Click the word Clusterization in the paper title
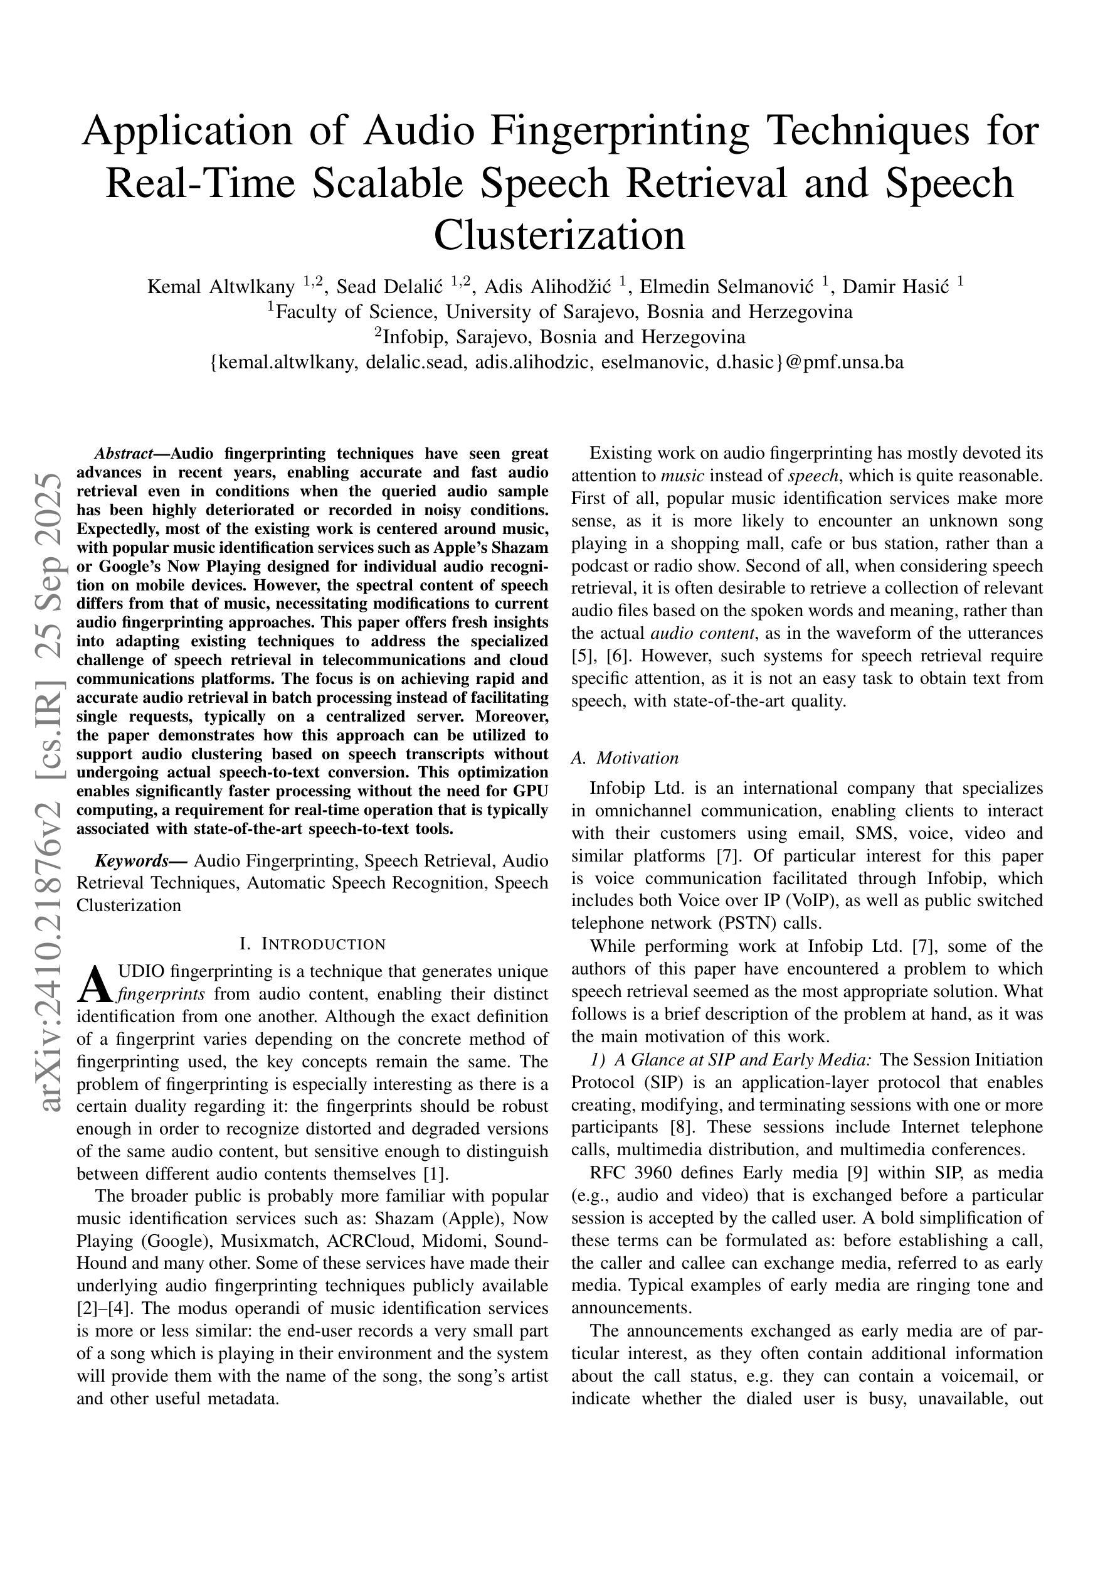click(559, 235)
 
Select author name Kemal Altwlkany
click(221, 287)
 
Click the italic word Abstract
click(123, 454)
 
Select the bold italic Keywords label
click(130, 860)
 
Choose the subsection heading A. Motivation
click(625, 758)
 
